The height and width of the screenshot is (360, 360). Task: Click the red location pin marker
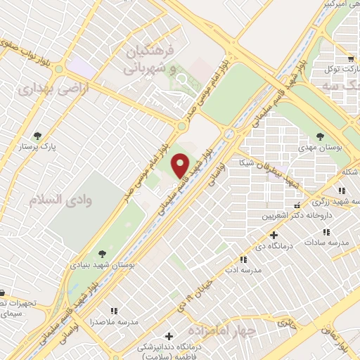181,166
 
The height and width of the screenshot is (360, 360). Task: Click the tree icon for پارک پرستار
37,136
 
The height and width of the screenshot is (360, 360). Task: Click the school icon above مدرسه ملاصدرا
113,310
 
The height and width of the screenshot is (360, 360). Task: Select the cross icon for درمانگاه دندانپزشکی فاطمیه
168,336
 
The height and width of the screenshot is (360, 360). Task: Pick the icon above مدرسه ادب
243,259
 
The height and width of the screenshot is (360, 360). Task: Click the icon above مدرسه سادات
327,231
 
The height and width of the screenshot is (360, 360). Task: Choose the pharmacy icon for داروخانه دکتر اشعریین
296,205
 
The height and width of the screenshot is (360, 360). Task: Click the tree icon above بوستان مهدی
321,136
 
